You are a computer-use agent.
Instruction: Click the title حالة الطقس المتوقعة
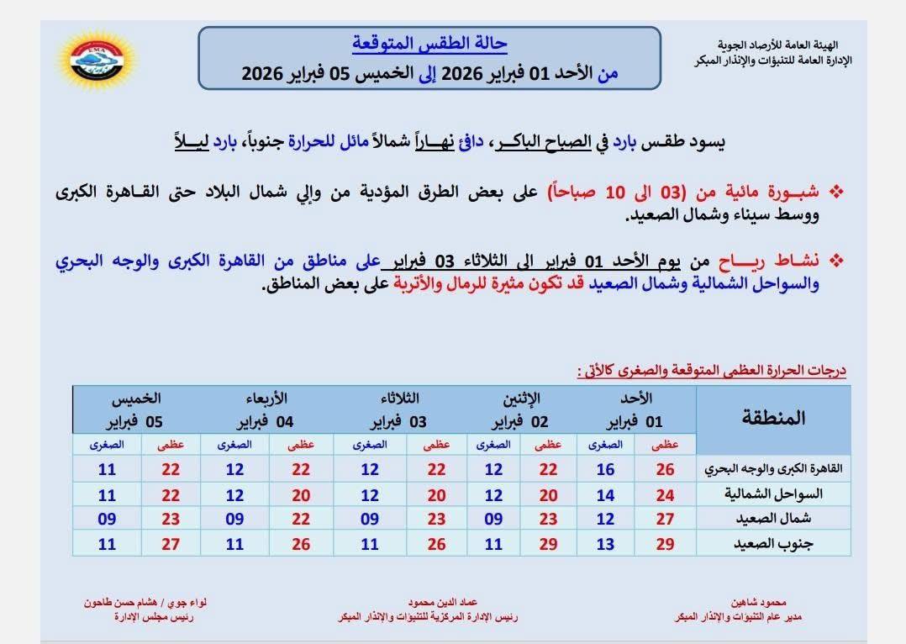click(x=429, y=44)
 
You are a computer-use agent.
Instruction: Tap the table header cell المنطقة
click(x=774, y=418)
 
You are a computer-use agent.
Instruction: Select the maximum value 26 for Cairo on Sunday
click(x=665, y=469)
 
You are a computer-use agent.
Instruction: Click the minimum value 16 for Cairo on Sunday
click(x=605, y=469)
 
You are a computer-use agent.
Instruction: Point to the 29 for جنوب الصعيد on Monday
click(x=548, y=544)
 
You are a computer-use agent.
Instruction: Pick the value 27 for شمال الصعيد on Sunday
click(x=665, y=520)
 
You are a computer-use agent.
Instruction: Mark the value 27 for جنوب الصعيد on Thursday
click(x=171, y=544)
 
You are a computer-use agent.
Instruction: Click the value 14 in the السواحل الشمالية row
click(x=605, y=494)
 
